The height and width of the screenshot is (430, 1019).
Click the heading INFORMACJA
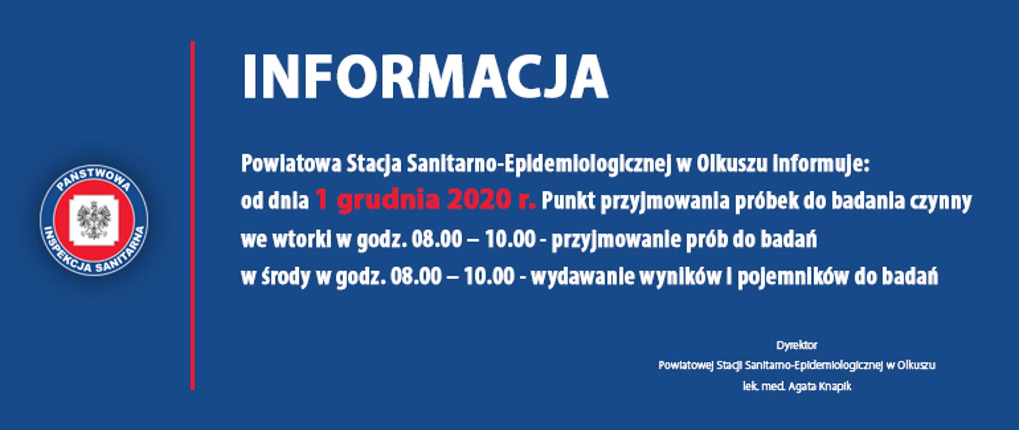pyautogui.click(x=425, y=78)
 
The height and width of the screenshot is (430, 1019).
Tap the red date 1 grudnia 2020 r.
pyautogui.click(x=425, y=201)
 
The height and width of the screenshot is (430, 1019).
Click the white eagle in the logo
pyautogui.click(x=94, y=219)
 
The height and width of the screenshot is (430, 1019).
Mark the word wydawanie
pyautogui.click(x=576, y=277)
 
